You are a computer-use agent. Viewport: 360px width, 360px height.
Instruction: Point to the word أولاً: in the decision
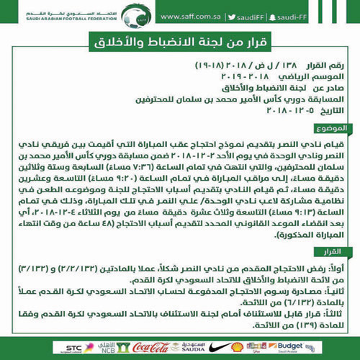click(x=338, y=268)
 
